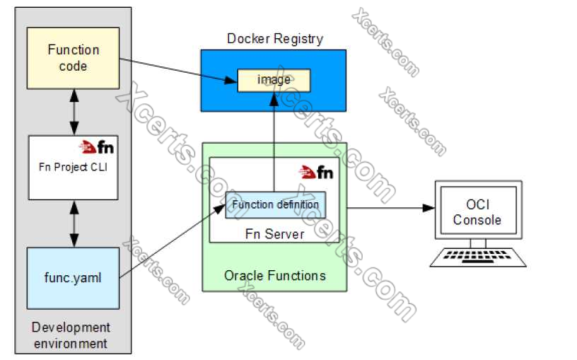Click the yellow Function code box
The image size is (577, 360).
(x=74, y=58)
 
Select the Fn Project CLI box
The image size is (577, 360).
(x=74, y=168)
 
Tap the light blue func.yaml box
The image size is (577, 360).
(x=74, y=277)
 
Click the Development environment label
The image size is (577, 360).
(x=71, y=335)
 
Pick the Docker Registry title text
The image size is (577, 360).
(x=274, y=38)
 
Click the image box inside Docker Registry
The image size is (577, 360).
(x=274, y=80)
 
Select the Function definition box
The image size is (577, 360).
(x=276, y=204)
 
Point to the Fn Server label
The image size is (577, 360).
(x=275, y=233)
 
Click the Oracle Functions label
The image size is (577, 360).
(x=275, y=274)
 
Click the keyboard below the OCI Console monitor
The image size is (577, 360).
(x=478, y=257)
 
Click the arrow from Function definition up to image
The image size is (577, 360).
(x=274, y=141)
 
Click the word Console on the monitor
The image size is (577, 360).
(x=477, y=220)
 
